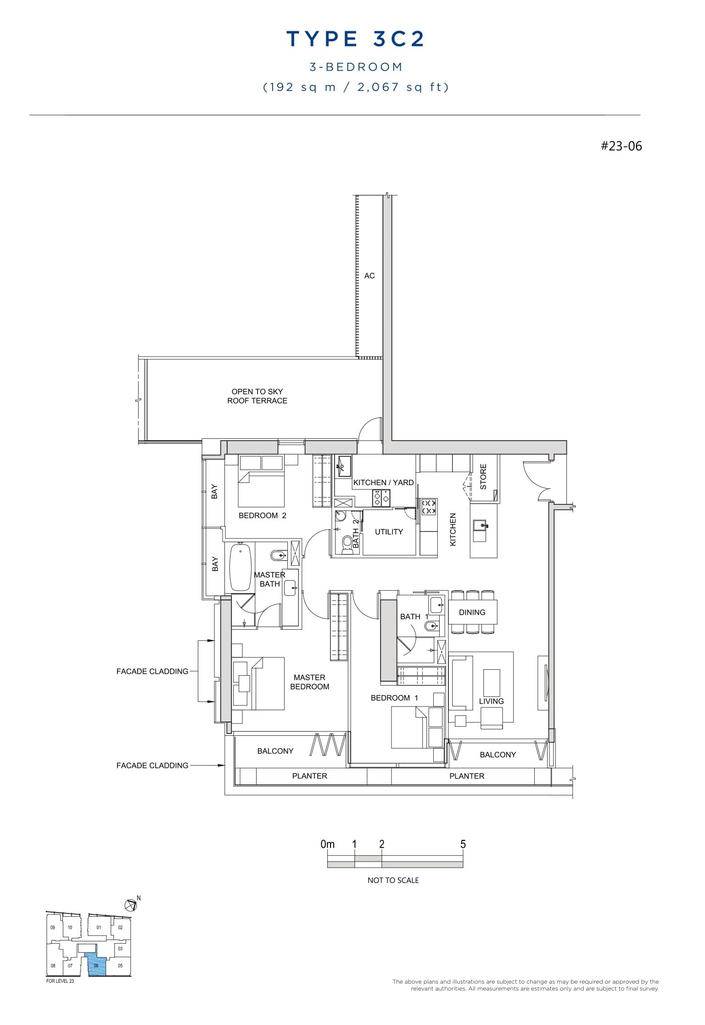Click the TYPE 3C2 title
pyautogui.click(x=356, y=39)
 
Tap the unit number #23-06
pyautogui.click(x=621, y=146)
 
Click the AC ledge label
pyautogui.click(x=369, y=276)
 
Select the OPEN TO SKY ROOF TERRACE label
pyautogui.click(x=257, y=396)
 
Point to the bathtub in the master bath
pyautogui.click(x=240, y=567)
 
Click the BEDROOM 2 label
pyautogui.click(x=262, y=515)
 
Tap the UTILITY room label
pyautogui.click(x=389, y=532)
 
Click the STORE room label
pyautogui.click(x=483, y=476)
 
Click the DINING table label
pyautogui.click(x=472, y=612)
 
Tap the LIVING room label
pyautogui.click(x=491, y=701)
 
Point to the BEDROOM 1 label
pyautogui.click(x=394, y=698)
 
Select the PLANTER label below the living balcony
pyautogui.click(x=466, y=776)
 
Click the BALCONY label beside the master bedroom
pyautogui.click(x=275, y=751)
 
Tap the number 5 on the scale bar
pyautogui.click(x=463, y=844)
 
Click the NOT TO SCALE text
pyautogui.click(x=393, y=880)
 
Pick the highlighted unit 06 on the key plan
pyautogui.click(x=96, y=966)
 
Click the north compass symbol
pyautogui.click(x=131, y=905)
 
